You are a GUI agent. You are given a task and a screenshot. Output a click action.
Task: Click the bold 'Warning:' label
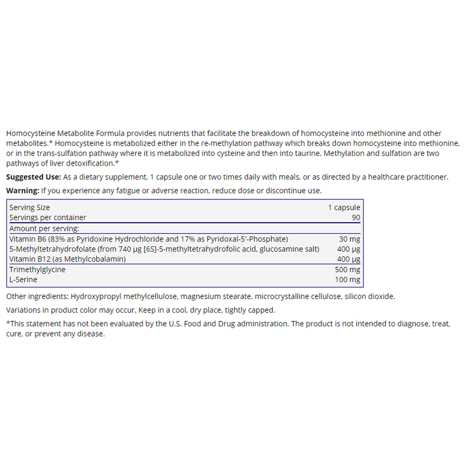[22, 191]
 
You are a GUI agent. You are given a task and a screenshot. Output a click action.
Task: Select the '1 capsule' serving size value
[344, 207]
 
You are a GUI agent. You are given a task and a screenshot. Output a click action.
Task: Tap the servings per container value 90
[355, 218]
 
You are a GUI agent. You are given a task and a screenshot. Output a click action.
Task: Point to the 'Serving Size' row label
[29, 207]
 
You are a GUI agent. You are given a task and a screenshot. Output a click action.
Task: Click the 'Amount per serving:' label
[44, 228]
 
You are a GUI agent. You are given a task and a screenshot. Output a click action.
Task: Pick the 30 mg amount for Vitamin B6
[349, 239]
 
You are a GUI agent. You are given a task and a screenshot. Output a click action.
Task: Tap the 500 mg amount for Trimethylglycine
[347, 269]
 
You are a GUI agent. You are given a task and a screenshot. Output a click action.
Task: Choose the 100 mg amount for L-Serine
[347, 280]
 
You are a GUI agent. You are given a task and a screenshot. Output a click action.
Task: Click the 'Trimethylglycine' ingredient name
[37, 269]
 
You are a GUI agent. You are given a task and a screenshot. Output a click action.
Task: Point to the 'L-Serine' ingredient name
[23, 280]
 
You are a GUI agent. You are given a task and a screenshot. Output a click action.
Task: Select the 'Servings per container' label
[48, 218]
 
